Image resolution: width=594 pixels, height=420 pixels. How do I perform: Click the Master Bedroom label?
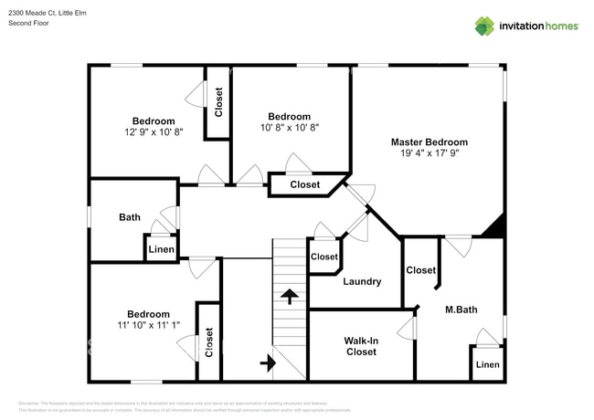pos(429,142)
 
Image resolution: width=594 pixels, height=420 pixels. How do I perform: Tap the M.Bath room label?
pos(461,310)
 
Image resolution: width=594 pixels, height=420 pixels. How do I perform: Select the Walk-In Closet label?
pos(360,346)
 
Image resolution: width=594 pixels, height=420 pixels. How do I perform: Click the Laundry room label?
pos(362,281)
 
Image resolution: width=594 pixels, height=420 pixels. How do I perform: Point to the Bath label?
pos(130,217)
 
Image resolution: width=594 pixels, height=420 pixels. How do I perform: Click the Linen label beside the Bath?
pos(161,249)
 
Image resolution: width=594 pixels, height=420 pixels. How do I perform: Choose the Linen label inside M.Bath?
pos(488,365)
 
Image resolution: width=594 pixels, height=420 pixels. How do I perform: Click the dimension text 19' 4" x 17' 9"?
pos(429,154)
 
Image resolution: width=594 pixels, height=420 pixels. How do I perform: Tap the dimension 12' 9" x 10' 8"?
pos(154,132)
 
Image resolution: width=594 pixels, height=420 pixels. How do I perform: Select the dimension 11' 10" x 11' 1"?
pos(148,326)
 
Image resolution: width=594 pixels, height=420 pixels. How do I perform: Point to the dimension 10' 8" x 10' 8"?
pos(289,128)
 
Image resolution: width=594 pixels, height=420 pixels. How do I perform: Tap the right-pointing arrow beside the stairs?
pos(268,362)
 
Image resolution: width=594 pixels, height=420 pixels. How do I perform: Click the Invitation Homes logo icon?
pos(484,26)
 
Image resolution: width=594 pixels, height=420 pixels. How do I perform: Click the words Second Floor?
pos(28,23)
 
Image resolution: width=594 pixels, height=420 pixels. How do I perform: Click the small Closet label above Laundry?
pos(324,257)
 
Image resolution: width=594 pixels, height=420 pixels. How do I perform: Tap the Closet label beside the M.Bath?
pos(420,270)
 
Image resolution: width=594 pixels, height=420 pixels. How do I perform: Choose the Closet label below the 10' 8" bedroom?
pos(305,184)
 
